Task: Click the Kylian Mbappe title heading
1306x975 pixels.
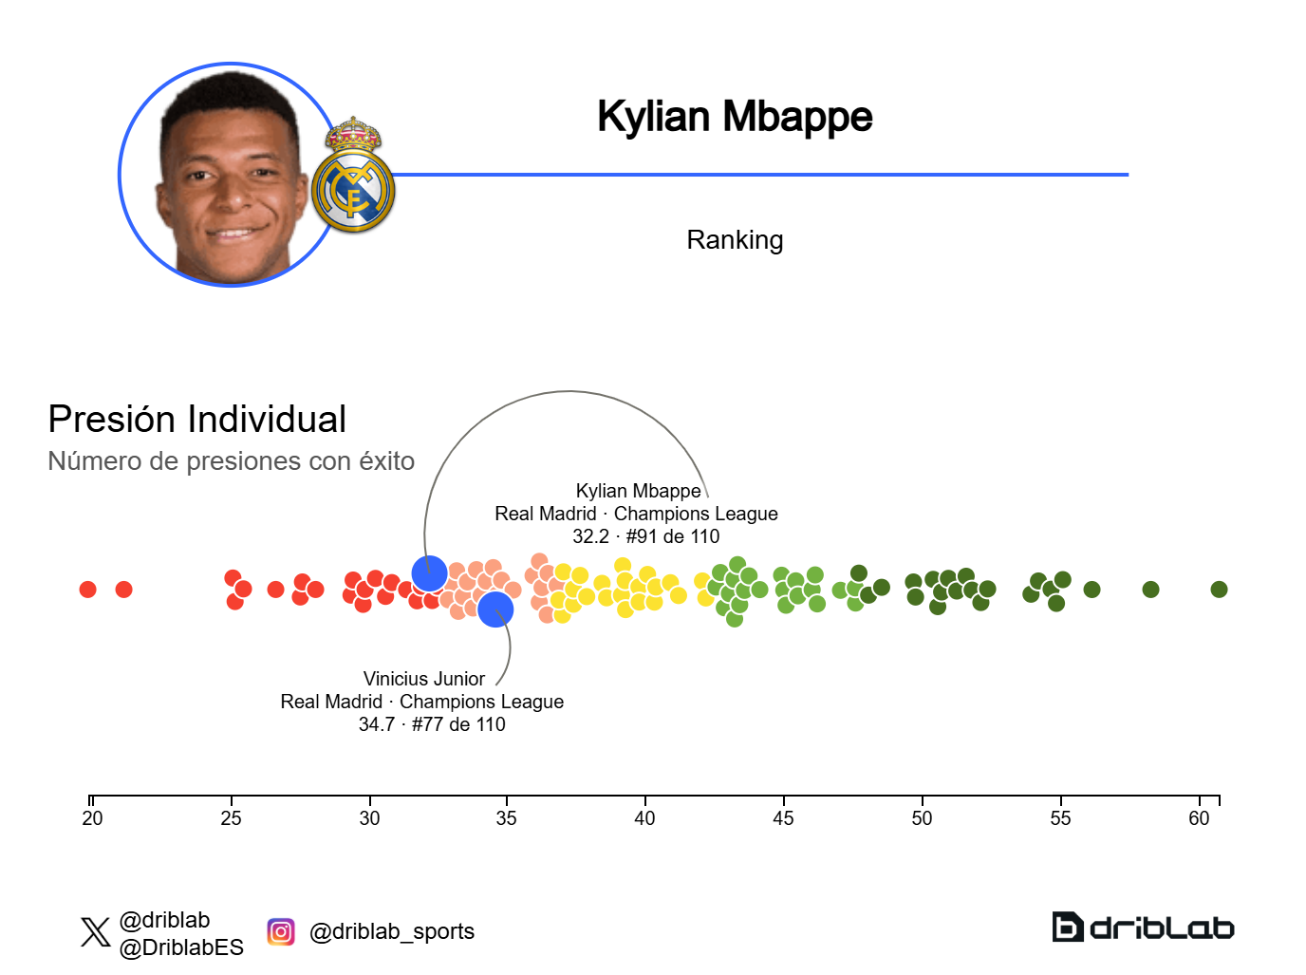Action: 734,117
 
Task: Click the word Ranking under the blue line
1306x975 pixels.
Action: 734,240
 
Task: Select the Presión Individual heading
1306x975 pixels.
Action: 197,419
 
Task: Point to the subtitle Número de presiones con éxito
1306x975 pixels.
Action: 231,461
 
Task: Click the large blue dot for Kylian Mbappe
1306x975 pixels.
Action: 429,573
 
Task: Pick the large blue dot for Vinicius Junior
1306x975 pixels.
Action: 495,609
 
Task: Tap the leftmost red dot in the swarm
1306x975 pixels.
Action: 87,590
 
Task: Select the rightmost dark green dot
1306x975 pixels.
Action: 1219,590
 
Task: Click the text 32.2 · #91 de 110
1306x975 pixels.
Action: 645,536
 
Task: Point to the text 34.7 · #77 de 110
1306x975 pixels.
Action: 432,724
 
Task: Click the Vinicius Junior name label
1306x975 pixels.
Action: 423,679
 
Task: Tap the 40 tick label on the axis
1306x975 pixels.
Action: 644,818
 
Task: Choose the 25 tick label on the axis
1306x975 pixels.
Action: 231,818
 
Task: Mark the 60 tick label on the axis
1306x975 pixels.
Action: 1199,818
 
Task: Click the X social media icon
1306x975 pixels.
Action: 96,931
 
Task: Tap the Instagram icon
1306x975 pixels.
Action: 281,931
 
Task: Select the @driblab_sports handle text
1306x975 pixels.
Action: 392,931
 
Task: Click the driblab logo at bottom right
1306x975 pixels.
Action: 1143,927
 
